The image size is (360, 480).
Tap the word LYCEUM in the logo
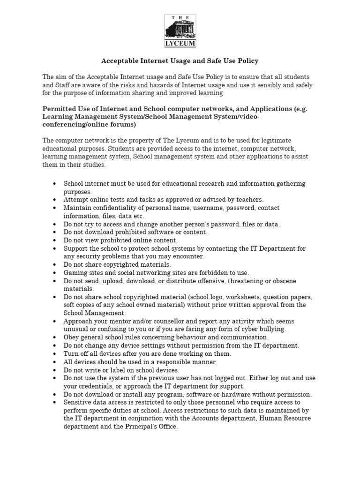coord(180,44)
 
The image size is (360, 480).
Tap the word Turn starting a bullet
coord(71,354)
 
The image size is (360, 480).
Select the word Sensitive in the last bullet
coord(78,403)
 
